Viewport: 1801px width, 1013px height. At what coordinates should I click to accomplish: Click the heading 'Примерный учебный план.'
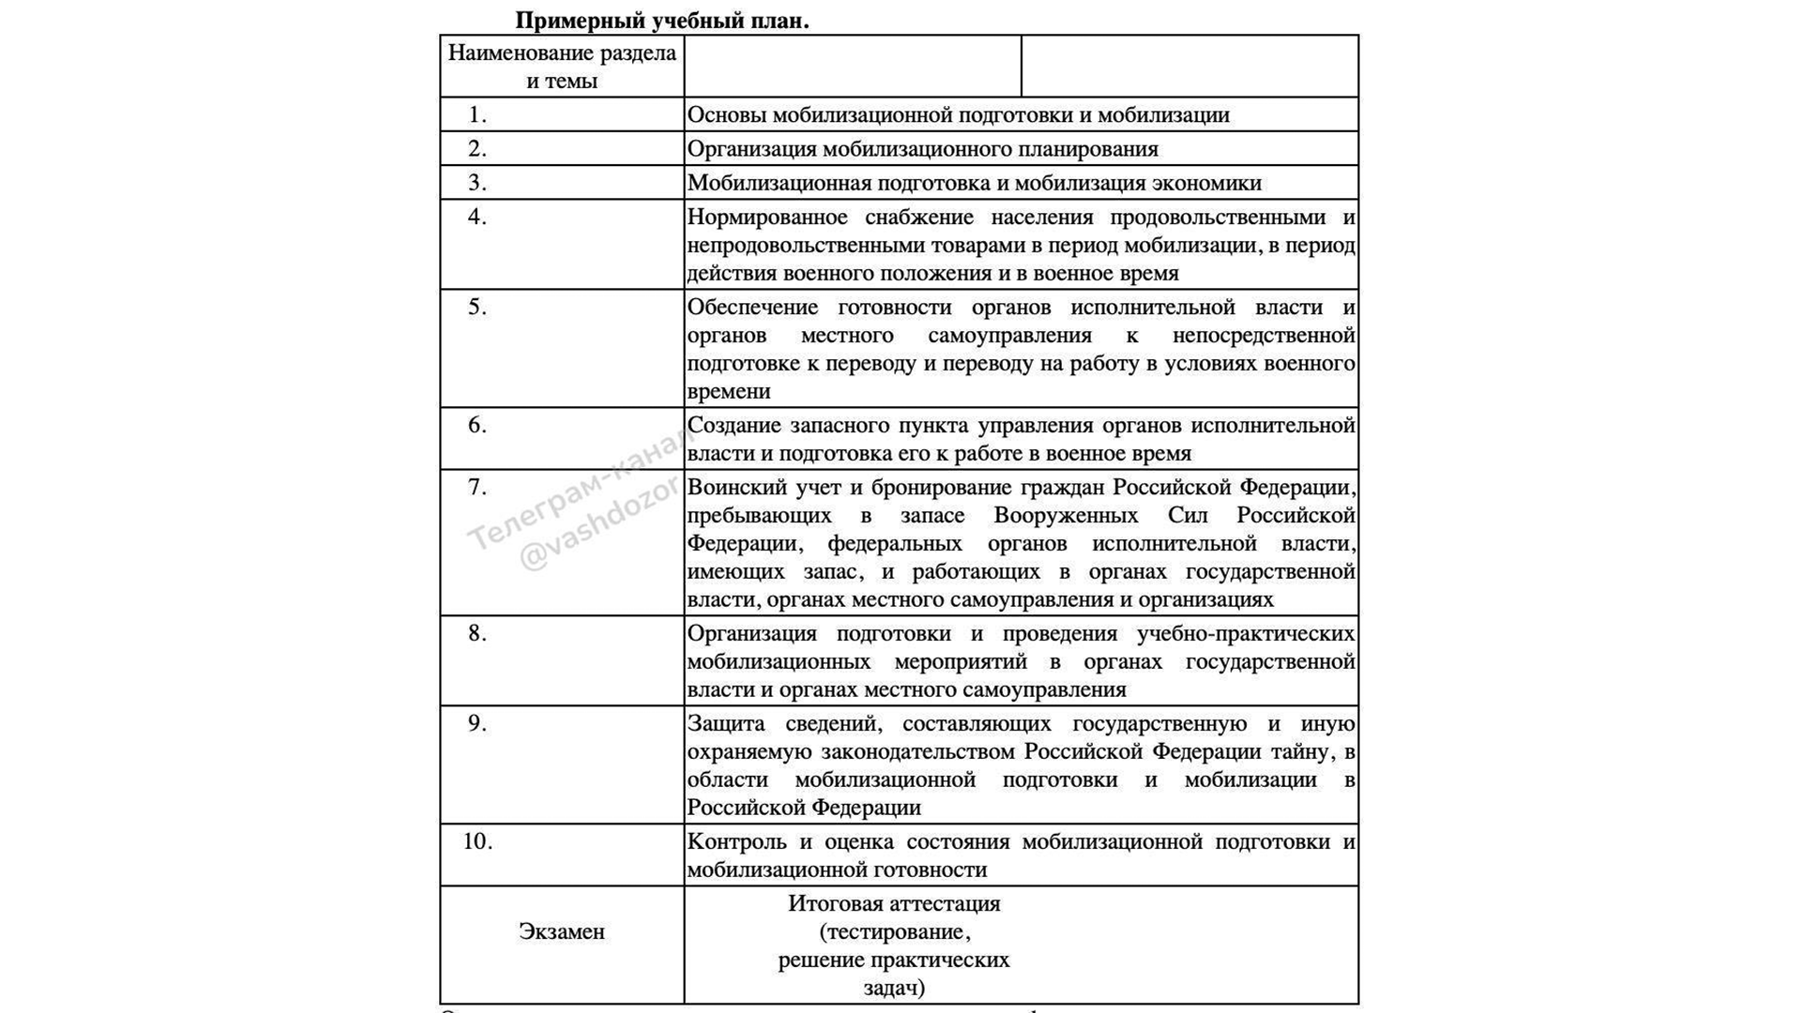coord(661,20)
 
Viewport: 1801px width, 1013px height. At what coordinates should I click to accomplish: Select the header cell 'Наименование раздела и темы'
coord(562,67)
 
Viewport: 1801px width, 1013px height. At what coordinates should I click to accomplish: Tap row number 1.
coord(477,115)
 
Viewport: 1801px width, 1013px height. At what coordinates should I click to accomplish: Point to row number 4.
coord(477,218)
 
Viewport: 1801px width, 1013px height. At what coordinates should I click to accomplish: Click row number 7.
coord(477,488)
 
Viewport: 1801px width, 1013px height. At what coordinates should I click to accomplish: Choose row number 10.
coord(477,841)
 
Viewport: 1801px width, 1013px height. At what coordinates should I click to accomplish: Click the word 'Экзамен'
coord(562,931)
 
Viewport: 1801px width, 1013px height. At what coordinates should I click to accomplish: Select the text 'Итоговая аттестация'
coord(894,903)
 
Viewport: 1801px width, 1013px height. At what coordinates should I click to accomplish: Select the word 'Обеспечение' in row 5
coord(752,308)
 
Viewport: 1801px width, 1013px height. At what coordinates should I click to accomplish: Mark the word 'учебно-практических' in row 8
coord(1246,634)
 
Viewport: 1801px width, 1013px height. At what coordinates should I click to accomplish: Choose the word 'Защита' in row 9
coord(725,724)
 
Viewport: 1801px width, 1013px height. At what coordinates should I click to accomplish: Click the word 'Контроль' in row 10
coord(736,842)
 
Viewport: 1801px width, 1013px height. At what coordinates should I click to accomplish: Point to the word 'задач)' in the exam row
coord(894,988)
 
